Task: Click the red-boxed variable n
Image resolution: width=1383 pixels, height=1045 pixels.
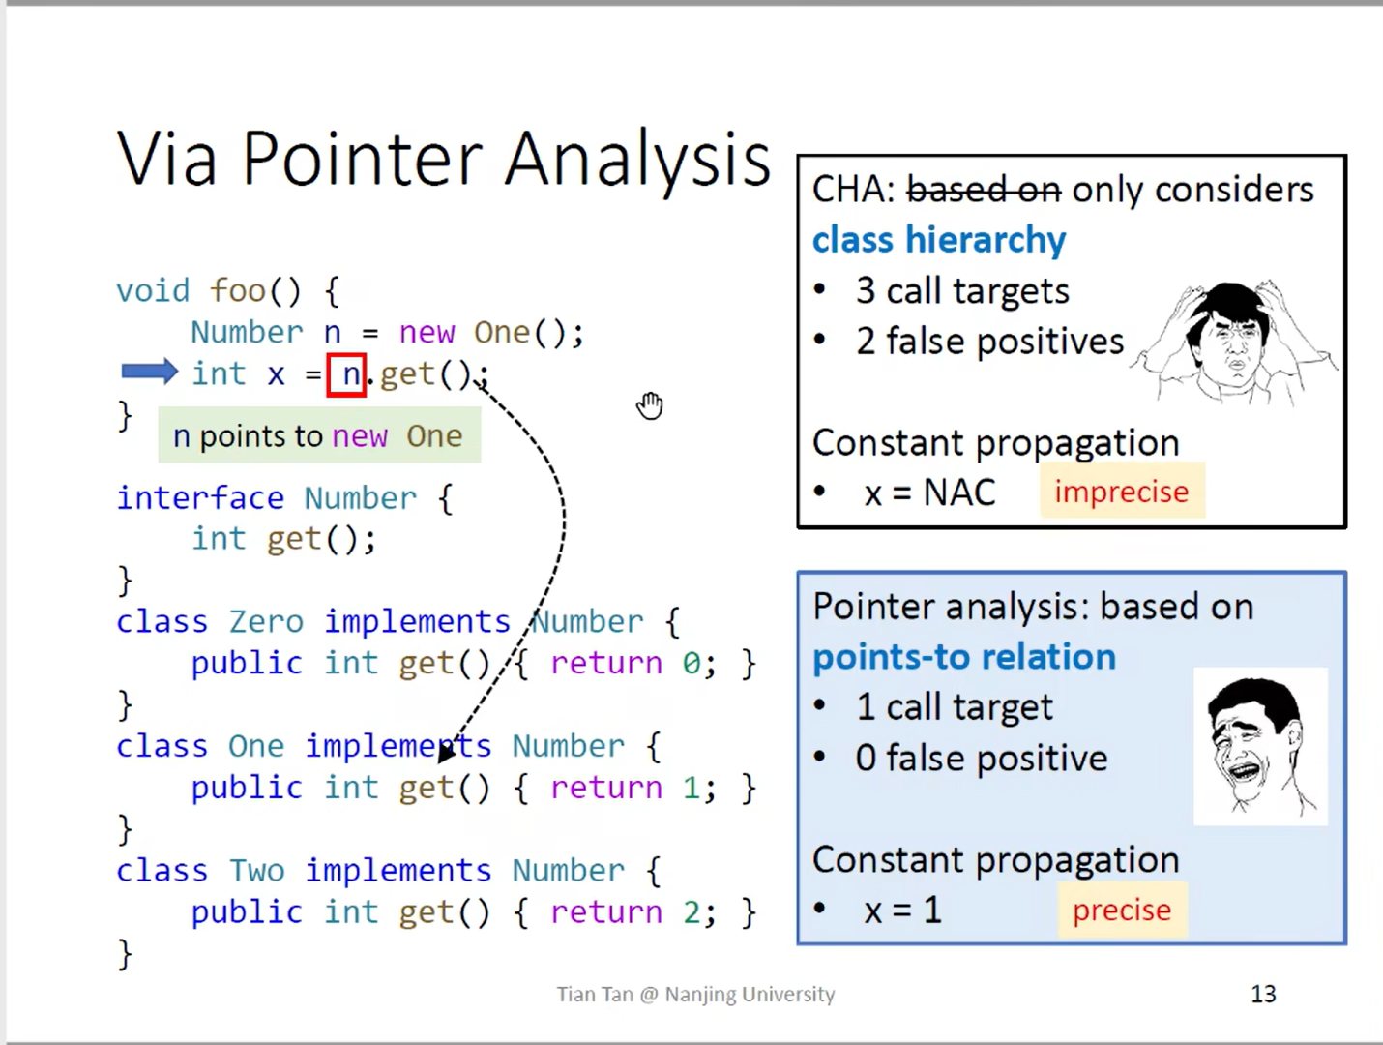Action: [x=347, y=374]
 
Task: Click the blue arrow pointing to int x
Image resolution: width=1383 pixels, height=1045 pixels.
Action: [x=149, y=372]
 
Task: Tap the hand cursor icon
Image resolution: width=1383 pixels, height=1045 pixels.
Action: [x=650, y=405]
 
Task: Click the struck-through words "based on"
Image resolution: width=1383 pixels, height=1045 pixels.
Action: [x=983, y=190]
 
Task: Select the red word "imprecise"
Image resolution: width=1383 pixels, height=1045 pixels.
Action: [x=1121, y=492]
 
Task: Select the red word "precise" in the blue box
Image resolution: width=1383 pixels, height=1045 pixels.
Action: [x=1121, y=910]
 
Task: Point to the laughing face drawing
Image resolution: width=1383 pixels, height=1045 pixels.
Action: [x=1257, y=745]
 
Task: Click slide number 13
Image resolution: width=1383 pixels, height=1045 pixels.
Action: [x=1263, y=994]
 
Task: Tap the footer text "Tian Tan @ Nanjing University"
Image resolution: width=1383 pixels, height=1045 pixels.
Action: [x=695, y=994]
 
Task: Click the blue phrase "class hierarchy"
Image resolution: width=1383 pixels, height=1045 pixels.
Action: [x=938, y=240]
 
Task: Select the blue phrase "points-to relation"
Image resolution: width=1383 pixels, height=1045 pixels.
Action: [x=963, y=657]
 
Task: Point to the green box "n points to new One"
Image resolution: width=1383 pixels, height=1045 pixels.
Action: [x=319, y=436]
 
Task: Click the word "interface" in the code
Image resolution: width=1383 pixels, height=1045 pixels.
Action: [x=200, y=498]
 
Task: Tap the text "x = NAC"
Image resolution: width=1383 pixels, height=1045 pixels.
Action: [x=928, y=493]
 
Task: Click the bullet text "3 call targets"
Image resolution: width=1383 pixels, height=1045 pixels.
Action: [x=962, y=291]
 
